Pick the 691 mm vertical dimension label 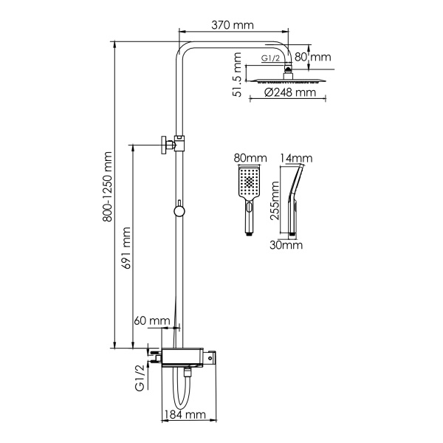[126, 250]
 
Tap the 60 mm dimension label [152, 320]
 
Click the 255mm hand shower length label [274, 207]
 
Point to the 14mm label [297, 159]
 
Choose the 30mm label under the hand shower [286, 244]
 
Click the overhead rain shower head [288, 79]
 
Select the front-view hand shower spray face [251, 185]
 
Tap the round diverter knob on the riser [178, 212]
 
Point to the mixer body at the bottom [188, 358]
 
